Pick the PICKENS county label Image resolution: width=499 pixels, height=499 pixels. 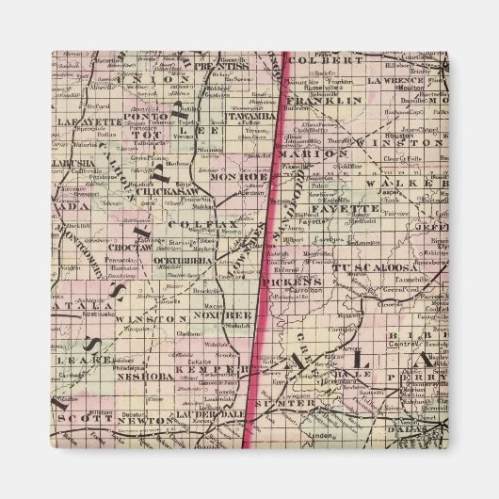pos(293,281)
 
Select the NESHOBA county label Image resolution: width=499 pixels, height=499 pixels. pos(140,375)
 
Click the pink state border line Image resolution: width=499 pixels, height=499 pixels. pos(269,235)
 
